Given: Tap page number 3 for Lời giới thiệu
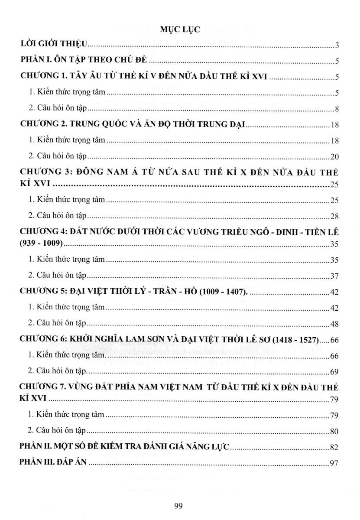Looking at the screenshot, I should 336,45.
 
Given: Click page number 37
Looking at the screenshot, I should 334,276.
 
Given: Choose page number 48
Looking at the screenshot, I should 334,324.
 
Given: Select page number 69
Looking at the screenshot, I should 334,372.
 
